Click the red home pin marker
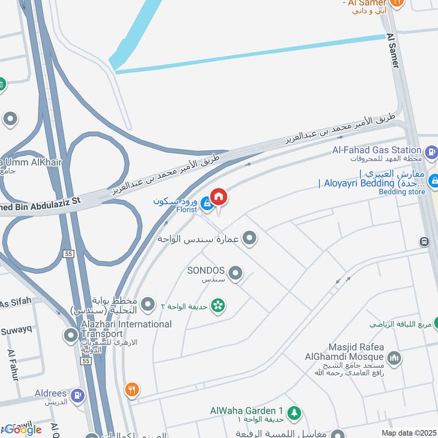click(218, 197)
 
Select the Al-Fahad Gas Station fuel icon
click(431, 151)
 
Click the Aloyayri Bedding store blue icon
click(433, 179)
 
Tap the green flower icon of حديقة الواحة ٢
click(218, 305)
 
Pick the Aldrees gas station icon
click(78, 394)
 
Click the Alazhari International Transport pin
click(71, 335)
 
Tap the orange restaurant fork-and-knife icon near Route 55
click(131, 390)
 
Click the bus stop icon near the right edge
click(424, 241)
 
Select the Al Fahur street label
click(13, 365)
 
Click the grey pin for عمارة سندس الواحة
click(250, 238)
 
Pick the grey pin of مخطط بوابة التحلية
click(148, 303)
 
